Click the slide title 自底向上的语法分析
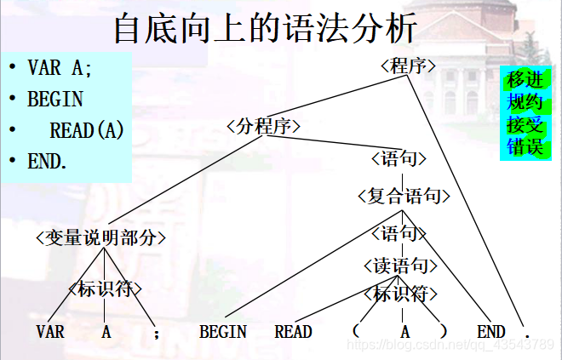click(x=266, y=29)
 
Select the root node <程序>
click(x=409, y=66)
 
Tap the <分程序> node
click(x=264, y=127)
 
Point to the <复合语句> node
click(x=404, y=197)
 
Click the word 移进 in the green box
click(x=525, y=81)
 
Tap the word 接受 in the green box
click(x=525, y=125)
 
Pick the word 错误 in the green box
click(x=525, y=146)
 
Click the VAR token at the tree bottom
click(x=50, y=332)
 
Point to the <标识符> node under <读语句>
click(x=401, y=294)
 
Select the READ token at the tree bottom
click(x=293, y=332)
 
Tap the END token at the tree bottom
click(x=491, y=332)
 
